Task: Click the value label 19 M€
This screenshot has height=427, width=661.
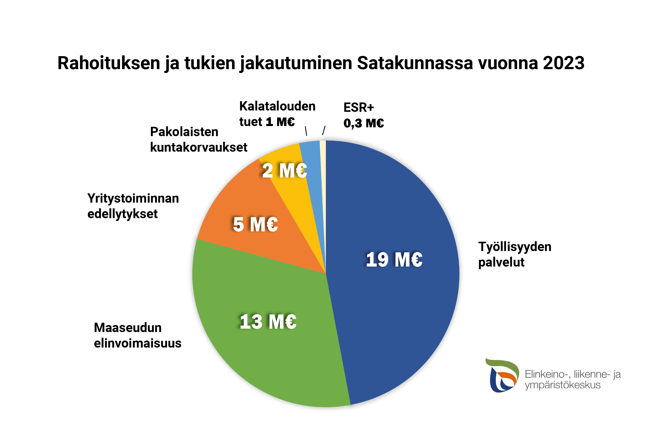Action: (394, 260)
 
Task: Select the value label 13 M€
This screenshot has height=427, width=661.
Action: (268, 322)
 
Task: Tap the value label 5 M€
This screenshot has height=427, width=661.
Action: (255, 224)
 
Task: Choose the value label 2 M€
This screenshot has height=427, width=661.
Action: (284, 171)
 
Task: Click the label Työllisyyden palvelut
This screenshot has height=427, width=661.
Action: (515, 254)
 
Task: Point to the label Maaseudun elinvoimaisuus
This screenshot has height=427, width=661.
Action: (137, 335)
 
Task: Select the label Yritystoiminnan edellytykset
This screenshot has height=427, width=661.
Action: (133, 206)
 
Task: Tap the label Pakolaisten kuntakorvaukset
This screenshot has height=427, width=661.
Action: (199, 139)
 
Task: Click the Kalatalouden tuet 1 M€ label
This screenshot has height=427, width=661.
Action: (277, 114)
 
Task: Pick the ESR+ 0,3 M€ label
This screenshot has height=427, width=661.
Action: (363, 115)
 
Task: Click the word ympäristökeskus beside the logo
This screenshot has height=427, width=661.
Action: (562, 385)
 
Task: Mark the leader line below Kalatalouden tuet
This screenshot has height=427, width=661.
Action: (306, 131)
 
